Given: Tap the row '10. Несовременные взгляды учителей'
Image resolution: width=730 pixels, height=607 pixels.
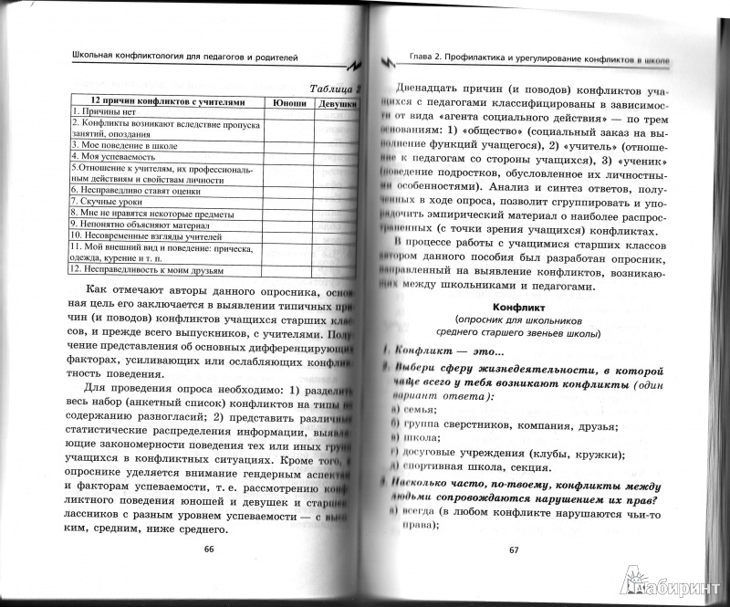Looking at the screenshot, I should (139, 233).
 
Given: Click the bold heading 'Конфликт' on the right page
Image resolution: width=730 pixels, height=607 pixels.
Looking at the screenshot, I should (516, 307).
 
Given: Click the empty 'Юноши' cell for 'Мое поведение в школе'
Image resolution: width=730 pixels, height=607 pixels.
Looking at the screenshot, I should (289, 144).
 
